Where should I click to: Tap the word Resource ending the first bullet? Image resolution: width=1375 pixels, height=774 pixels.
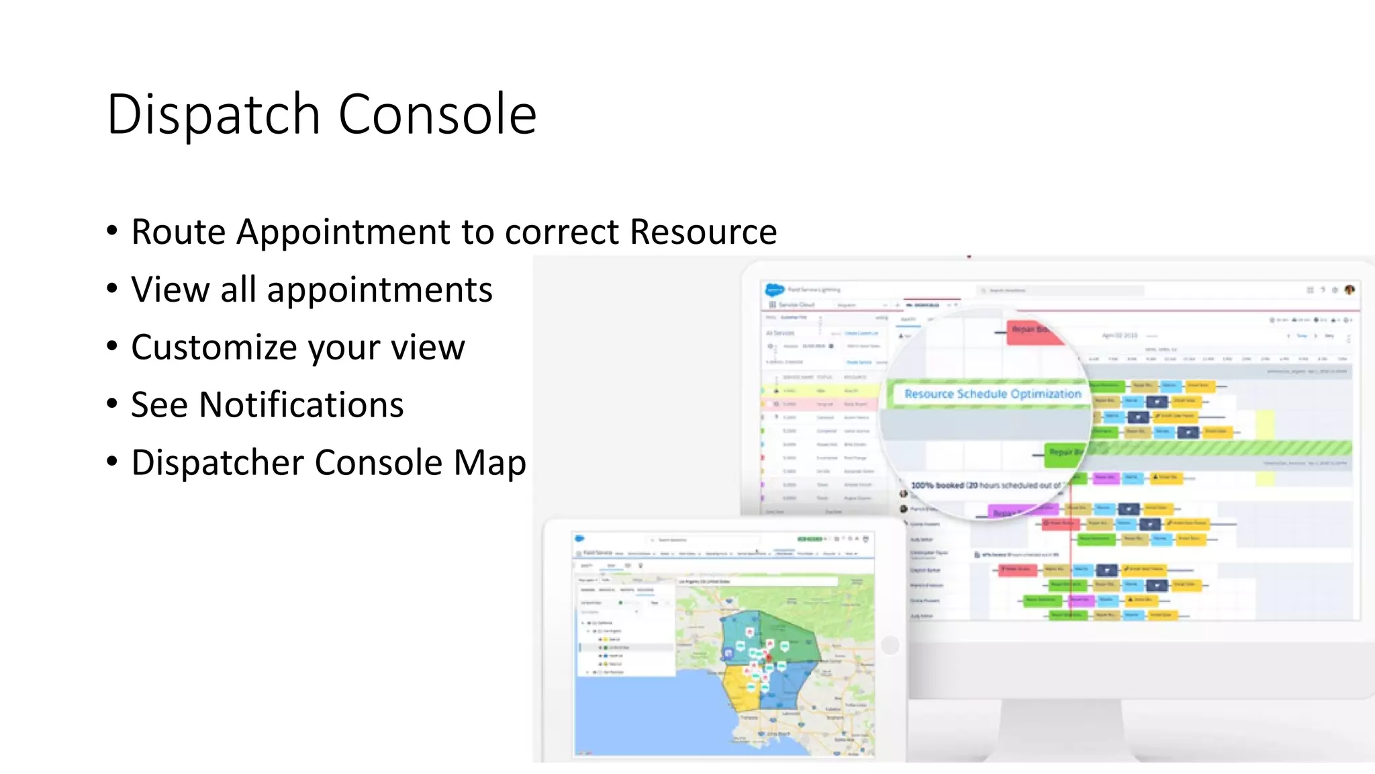click(x=703, y=232)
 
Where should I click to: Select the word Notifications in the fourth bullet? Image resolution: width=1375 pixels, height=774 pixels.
click(x=301, y=405)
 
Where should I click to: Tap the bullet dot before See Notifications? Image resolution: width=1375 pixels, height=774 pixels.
click(x=112, y=404)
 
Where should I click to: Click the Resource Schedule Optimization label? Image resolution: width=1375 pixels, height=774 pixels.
click(x=992, y=394)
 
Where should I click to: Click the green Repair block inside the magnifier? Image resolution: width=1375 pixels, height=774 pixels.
click(x=1064, y=453)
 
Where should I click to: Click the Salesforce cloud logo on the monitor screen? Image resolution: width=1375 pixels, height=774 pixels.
click(x=774, y=290)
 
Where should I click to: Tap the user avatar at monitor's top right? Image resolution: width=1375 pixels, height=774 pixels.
click(x=1349, y=290)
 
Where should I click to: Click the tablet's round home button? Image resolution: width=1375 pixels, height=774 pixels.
click(x=890, y=645)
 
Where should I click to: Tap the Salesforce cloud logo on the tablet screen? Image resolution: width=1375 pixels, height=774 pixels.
click(x=580, y=539)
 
